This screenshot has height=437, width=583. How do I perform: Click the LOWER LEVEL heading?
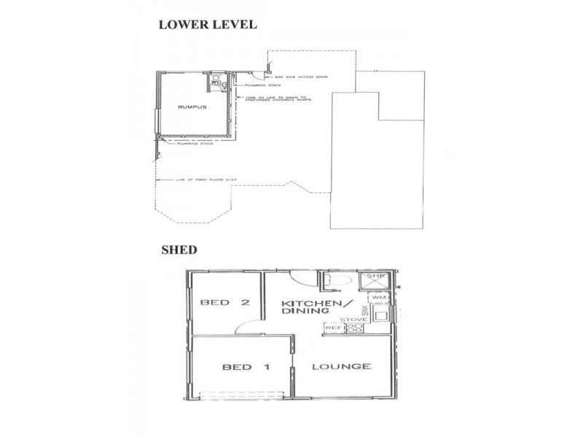click(208, 25)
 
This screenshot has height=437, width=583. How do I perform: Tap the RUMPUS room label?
click(192, 107)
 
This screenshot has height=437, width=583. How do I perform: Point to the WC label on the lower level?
click(216, 83)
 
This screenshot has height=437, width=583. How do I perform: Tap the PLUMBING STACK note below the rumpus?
click(190, 144)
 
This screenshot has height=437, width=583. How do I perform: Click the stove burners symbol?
click(353, 328)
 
